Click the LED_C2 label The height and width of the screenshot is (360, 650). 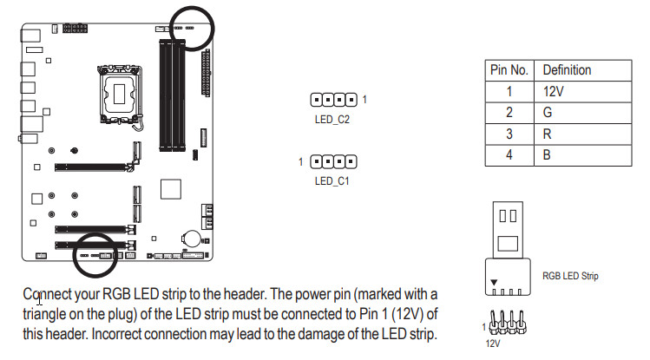pyautogui.click(x=332, y=120)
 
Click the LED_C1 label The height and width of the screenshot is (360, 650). pyautogui.click(x=332, y=181)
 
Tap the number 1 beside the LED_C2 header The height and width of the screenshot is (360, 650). pyautogui.click(x=364, y=100)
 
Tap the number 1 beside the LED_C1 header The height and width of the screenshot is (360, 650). pyautogui.click(x=300, y=161)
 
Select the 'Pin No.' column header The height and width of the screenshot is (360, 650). pyautogui.click(x=509, y=70)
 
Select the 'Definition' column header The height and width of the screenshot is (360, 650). pyautogui.click(x=567, y=70)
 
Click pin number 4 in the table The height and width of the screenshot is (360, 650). pyautogui.click(x=509, y=155)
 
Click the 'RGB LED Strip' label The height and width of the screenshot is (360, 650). pyautogui.click(x=570, y=276)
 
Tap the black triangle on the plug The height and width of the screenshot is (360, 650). pyautogui.click(x=494, y=282)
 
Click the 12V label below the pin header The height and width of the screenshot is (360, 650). pyautogui.click(x=493, y=344)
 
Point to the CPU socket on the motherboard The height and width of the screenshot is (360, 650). pyautogui.click(x=120, y=94)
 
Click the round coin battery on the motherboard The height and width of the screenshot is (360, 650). pyautogui.click(x=191, y=239)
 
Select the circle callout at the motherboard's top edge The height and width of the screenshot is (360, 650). pyautogui.click(x=213, y=29)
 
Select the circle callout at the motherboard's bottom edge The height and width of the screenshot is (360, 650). pyautogui.click(x=73, y=255)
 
